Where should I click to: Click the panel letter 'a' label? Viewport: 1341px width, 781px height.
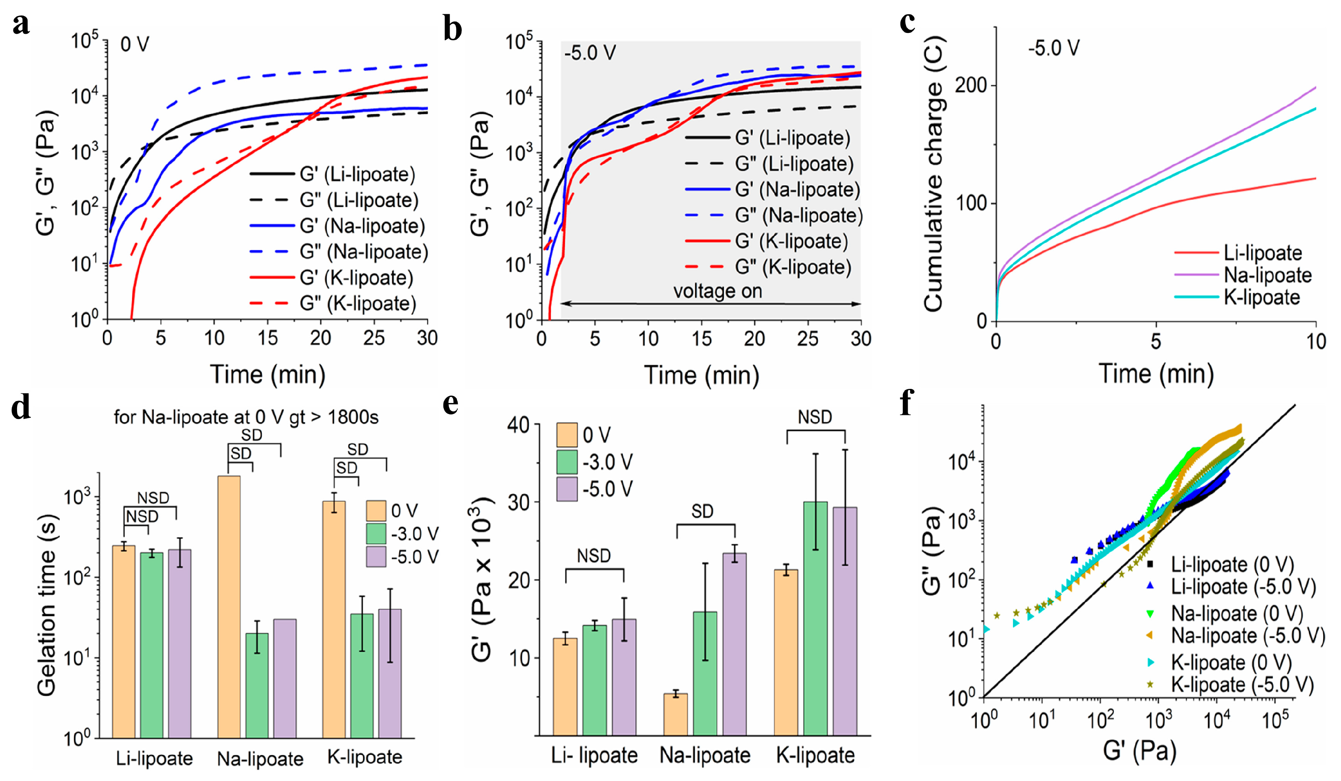(x=21, y=25)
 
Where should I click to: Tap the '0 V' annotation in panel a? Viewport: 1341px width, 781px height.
(x=135, y=44)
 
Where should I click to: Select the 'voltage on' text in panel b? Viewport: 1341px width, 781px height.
(x=717, y=291)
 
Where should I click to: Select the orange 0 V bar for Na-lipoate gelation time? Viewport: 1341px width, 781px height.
(x=229, y=606)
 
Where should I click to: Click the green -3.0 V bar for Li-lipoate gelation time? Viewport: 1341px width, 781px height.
(x=152, y=645)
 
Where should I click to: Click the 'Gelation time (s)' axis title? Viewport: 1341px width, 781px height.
(x=47, y=605)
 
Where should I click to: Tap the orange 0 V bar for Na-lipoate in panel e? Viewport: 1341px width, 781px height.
(x=675, y=714)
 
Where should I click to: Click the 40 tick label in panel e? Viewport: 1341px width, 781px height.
(x=518, y=425)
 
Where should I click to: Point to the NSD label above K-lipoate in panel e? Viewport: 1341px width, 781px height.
(x=815, y=417)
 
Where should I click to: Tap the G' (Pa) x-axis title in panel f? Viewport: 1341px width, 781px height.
(x=1139, y=750)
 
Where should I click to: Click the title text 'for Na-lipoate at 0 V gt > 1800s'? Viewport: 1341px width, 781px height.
(x=246, y=417)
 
